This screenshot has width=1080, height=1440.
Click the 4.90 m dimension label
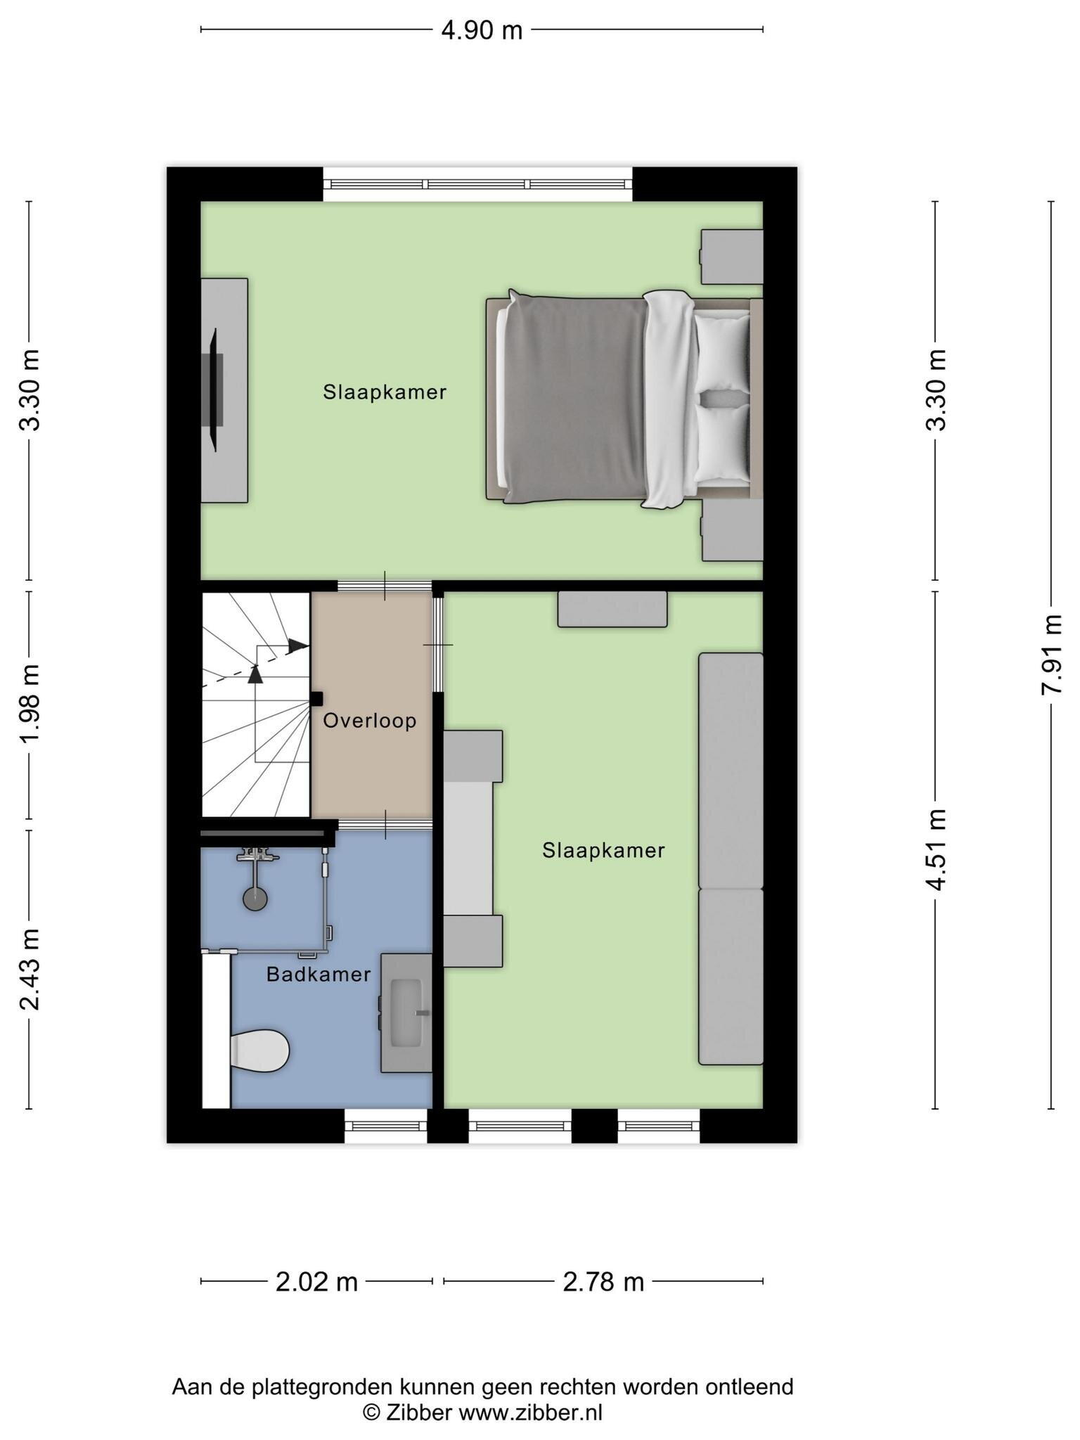pyautogui.click(x=482, y=30)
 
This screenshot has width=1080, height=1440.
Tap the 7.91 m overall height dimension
pyautogui.click(x=1051, y=655)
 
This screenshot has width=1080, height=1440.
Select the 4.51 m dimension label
pyautogui.click(x=935, y=849)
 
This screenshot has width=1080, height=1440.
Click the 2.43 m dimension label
pyautogui.click(x=30, y=969)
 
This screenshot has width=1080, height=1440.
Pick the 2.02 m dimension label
pyautogui.click(x=316, y=1282)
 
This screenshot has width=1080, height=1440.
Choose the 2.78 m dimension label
pyautogui.click(x=603, y=1282)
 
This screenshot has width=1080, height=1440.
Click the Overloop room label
pyautogui.click(x=370, y=721)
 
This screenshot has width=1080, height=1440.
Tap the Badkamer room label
pyautogui.click(x=319, y=975)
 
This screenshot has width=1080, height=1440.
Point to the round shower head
pyautogui.click(x=255, y=899)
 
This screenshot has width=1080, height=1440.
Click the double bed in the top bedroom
pyautogui.click(x=624, y=398)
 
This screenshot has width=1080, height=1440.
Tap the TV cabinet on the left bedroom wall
pyautogui.click(x=224, y=390)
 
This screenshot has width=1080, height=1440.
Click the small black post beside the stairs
pyautogui.click(x=316, y=699)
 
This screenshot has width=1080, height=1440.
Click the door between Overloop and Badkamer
pyautogui.click(x=385, y=823)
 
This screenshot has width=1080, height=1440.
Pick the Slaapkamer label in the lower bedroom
pyautogui.click(x=603, y=851)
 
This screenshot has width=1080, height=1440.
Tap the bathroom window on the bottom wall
pyautogui.click(x=386, y=1126)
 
